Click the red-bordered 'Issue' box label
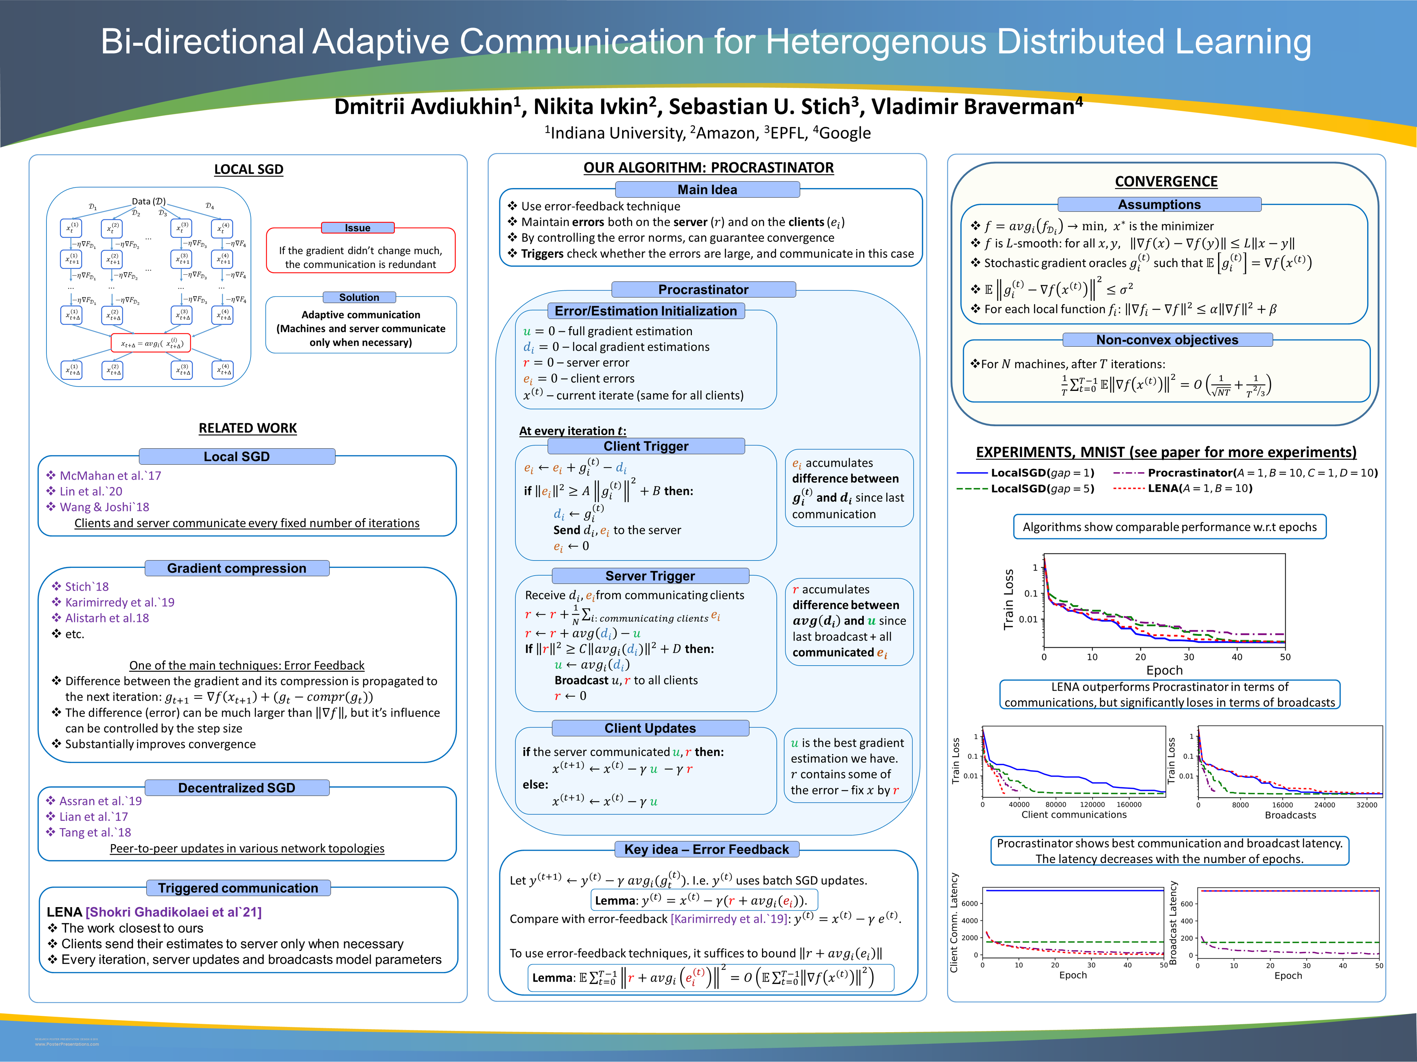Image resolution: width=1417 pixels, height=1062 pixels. (x=358, y=228)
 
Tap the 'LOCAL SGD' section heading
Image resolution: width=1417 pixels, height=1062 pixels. (x=249, y=170)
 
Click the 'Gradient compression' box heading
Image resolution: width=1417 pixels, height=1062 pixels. (x=237, y=569)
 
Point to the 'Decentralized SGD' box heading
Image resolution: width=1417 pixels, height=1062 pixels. (x=237, y=788)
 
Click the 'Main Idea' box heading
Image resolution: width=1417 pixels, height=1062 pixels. (x=707, y=190)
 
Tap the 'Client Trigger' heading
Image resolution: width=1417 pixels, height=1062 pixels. (x=646, y=446)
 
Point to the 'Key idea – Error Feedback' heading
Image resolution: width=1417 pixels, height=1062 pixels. (x=707, y=850)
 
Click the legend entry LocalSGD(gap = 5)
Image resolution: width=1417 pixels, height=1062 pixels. (x=1042, y=489)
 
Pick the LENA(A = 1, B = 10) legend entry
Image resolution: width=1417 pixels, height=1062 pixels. (x=1199, y=489)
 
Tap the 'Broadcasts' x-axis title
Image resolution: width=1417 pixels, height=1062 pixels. (x=1290, y=815)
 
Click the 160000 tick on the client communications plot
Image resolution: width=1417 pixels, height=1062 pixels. (x=1129, y=805)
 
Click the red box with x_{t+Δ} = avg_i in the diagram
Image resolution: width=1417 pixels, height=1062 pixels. (x=151, y=344)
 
